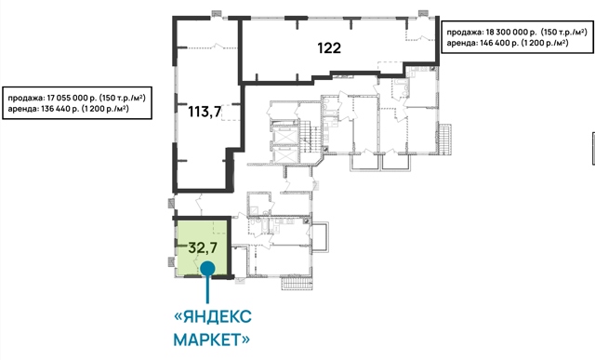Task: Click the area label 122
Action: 329,47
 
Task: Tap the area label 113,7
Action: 205,112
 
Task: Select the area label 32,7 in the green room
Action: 203,247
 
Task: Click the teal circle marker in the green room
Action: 207,269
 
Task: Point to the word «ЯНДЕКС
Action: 213,316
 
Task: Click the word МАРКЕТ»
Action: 212,340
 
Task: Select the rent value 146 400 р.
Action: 499,43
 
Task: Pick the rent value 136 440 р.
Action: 59,109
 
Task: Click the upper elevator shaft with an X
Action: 284,136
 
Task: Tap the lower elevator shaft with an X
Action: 284,154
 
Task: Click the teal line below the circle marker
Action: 207,289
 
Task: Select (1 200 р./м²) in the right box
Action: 545,43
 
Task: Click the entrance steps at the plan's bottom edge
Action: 297,284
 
